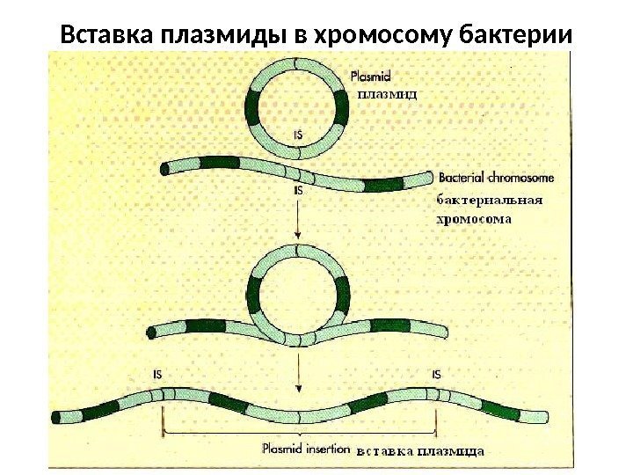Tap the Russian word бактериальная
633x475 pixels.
490,200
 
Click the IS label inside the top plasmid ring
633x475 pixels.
300,135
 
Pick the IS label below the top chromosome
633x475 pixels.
299,189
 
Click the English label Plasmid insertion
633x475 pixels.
305,449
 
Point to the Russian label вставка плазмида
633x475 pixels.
421,450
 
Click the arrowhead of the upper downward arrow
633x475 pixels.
300,236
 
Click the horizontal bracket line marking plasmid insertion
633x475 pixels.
300,433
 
